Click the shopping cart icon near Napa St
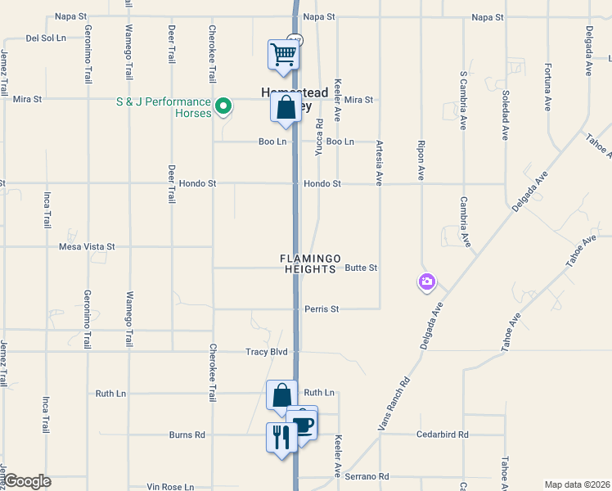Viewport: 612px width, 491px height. tap(284, 56)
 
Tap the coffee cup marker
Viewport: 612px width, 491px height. tap(302, 425)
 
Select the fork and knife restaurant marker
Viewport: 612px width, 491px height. tap(281, 436)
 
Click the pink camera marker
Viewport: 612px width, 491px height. tap(426, 282)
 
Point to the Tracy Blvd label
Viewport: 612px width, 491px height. tap(267, 352)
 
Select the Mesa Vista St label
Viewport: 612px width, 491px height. tap(88, 245)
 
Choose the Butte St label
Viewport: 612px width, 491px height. tap(361, 268)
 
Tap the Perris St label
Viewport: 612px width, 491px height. tap(322, 309)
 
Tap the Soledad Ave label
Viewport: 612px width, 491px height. tap(506, 114)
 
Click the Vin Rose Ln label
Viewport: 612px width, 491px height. tap(170, 487)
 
